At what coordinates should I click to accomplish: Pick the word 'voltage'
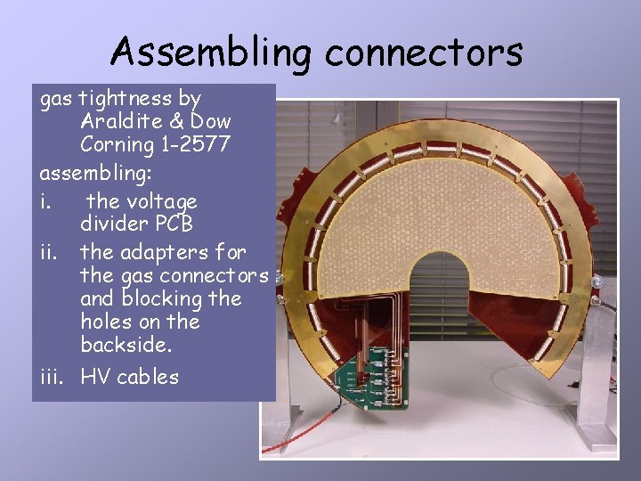(158, 202)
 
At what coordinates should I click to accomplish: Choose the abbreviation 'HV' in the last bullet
(96, 377)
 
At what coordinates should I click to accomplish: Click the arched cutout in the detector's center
(440, 285)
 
